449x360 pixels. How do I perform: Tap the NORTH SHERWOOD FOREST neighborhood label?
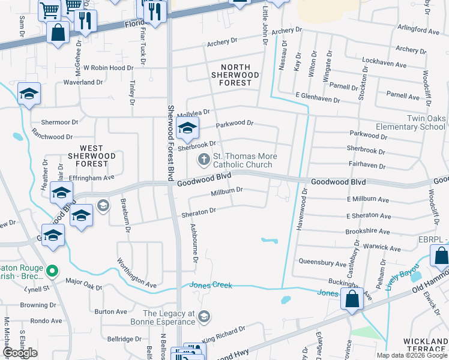coord(235,75)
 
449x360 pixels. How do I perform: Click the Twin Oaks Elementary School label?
coord(410,122)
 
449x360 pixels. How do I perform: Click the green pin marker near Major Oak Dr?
coord(52,272)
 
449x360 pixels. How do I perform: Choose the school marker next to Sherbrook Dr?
coord(187,128)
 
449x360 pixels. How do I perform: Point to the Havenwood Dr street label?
coord(305,206)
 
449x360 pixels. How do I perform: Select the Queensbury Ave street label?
coord(322,263)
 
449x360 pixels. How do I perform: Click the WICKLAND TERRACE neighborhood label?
coord(425,346)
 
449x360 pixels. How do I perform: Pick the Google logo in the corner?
coord(20,353)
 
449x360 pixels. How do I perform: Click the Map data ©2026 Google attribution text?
coord(411,355)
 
